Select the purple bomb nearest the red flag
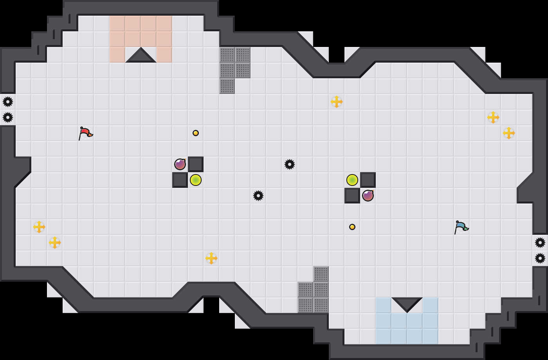click(180, 164)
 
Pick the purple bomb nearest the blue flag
click(368, 196)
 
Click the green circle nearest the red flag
click(196, 180)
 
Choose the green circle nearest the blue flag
click(352, 180)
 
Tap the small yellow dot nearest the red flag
click(196, 133)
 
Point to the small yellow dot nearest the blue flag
click(352, 227)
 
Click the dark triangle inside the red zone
click(141, 56)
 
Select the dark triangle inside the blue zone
click(407, 304)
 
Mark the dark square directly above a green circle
click(196, 164)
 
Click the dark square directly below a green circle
click(352, 196)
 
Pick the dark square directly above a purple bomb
click(368, 180)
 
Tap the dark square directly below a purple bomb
click(180, 180)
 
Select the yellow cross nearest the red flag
click(39, 227)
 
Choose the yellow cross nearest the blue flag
click(509, 133)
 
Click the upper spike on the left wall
click(8, 102)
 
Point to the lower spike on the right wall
click(540, 258)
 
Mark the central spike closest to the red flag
click(258, 196)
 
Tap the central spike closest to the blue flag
click(290, 164)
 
